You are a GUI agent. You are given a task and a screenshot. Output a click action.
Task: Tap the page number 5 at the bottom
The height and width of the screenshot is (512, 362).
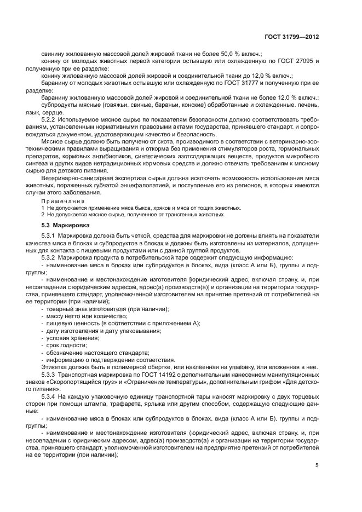tap(317, 466)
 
